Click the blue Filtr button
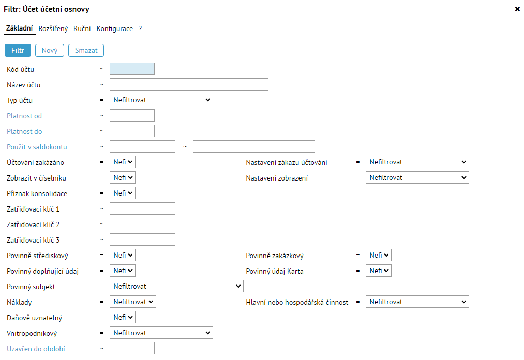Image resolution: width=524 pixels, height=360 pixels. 18,51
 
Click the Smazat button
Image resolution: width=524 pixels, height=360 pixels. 86,51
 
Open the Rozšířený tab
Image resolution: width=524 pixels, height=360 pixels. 53,29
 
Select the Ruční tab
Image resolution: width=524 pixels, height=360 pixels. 82,29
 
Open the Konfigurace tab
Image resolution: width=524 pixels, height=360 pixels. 115,29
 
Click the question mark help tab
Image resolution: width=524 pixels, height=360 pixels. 140,29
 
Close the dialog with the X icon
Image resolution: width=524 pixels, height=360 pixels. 517,9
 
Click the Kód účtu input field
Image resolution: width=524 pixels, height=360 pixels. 132,69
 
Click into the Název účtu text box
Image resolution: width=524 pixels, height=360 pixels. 189,84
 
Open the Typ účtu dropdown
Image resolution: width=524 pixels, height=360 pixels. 161,100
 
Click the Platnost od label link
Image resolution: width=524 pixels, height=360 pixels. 24,116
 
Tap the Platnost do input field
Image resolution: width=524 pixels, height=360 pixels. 132,131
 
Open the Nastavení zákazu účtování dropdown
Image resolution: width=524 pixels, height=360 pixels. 417,162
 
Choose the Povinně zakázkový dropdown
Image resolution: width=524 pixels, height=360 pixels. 378,255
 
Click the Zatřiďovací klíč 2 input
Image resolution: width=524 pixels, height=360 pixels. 142,224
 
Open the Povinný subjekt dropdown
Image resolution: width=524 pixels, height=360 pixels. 176,286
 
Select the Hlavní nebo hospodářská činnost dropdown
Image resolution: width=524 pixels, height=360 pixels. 417,302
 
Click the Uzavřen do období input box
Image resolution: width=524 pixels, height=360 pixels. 132,348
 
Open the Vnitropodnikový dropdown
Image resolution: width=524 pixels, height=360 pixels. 161,333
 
